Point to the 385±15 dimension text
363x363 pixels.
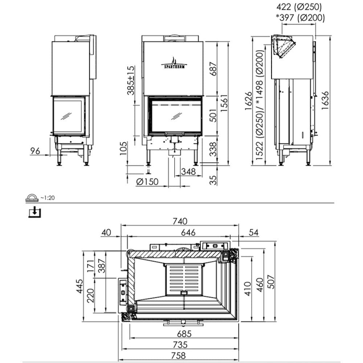pos(131,80)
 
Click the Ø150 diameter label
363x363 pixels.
pos(147,181)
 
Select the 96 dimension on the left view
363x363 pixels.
pos(35,151)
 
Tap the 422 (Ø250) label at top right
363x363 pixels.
pos(299,7)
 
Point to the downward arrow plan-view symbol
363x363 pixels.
pos(35,212)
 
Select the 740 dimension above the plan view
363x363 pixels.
pos(180,221)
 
